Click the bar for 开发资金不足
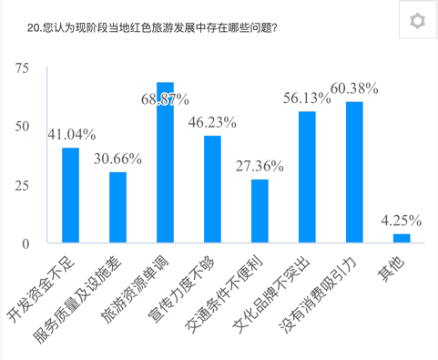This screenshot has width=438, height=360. click(x=70, y=195)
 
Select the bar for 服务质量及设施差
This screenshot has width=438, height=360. click(x=117, y=207)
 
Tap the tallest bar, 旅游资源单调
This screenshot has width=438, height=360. click(x=165, y=163)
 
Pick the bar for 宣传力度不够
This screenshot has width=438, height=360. click(x=212, y=190)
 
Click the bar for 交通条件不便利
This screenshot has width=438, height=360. click(x=260, y=211)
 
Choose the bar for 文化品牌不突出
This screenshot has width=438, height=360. click(x=307, y=178)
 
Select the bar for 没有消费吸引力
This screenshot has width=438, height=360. click(x=354, y=173)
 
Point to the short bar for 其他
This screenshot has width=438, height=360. click(x=402, y=239)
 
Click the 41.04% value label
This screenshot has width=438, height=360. click(x=72, y=134)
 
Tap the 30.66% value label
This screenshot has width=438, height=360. click(x=118, y=158)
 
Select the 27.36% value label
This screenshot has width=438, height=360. click(x=260, y=166)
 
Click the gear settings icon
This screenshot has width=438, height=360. click(x=416, y=22)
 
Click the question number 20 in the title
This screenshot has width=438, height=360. click(x=35, y=28)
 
